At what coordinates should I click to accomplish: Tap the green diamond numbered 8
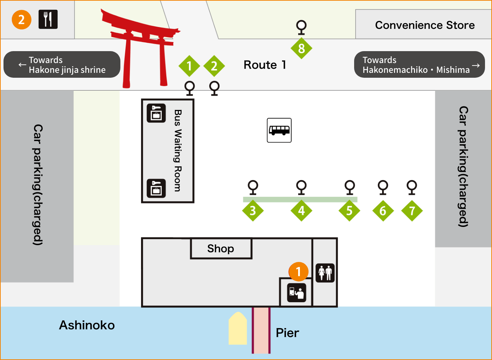tap(301, 48)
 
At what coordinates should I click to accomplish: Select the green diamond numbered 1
tap(189, 66)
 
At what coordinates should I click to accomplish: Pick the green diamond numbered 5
tap(349, 210)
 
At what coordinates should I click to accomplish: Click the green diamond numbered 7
tap(412, 210)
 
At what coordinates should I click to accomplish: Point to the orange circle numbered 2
tap(22, 20)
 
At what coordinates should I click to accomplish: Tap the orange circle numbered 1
tap(298, 272)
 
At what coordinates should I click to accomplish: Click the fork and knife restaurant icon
tap(48, 19)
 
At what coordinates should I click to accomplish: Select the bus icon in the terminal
tap(279, 130)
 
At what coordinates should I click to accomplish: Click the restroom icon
tap(325, 273)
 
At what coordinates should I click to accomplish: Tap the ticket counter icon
tap(296, 293)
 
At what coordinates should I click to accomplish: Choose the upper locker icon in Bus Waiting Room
tap(156, 113)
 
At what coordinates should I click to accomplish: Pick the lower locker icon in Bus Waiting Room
tap(156, 188)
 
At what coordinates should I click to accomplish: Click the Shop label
tap(220, 249)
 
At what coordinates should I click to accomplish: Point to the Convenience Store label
tap(425, 25)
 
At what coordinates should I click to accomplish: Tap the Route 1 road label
tap(265, 65)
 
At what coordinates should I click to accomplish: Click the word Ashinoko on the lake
tap(87, 325)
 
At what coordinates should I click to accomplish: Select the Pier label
tap(287, 333)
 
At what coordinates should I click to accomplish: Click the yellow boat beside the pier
tap(238, 328)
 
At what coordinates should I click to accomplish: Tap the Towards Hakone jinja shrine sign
tap(62, 64)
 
